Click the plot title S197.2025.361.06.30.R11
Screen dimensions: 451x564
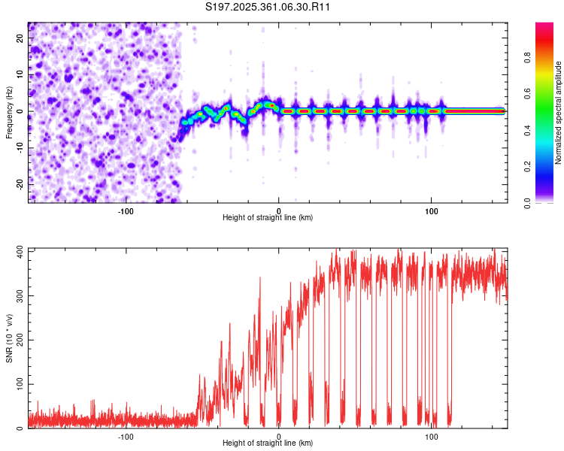(x=268, y=8)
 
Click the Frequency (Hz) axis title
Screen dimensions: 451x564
(x=9, y=111)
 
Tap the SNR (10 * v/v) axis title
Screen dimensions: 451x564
(x=9, y=338)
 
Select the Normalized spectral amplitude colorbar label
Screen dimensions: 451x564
(x=559, y=113)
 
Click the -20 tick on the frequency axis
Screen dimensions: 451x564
(x=19, y=184)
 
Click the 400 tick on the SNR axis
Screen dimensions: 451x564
(x=17, y=251)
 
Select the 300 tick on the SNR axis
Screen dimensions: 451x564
(x=17, y=295)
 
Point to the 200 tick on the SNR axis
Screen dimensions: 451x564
(x=17, y=340)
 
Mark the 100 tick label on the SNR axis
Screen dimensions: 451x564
(x=17, y=384)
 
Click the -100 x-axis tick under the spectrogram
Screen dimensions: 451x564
(x=125, y=210)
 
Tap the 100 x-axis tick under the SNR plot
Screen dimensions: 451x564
(x=432, y=437)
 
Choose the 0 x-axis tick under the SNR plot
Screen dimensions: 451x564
(x=279, y=437)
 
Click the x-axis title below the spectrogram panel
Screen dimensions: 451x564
(x=268, y=217)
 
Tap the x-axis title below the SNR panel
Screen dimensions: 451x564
(x=268, y=443)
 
